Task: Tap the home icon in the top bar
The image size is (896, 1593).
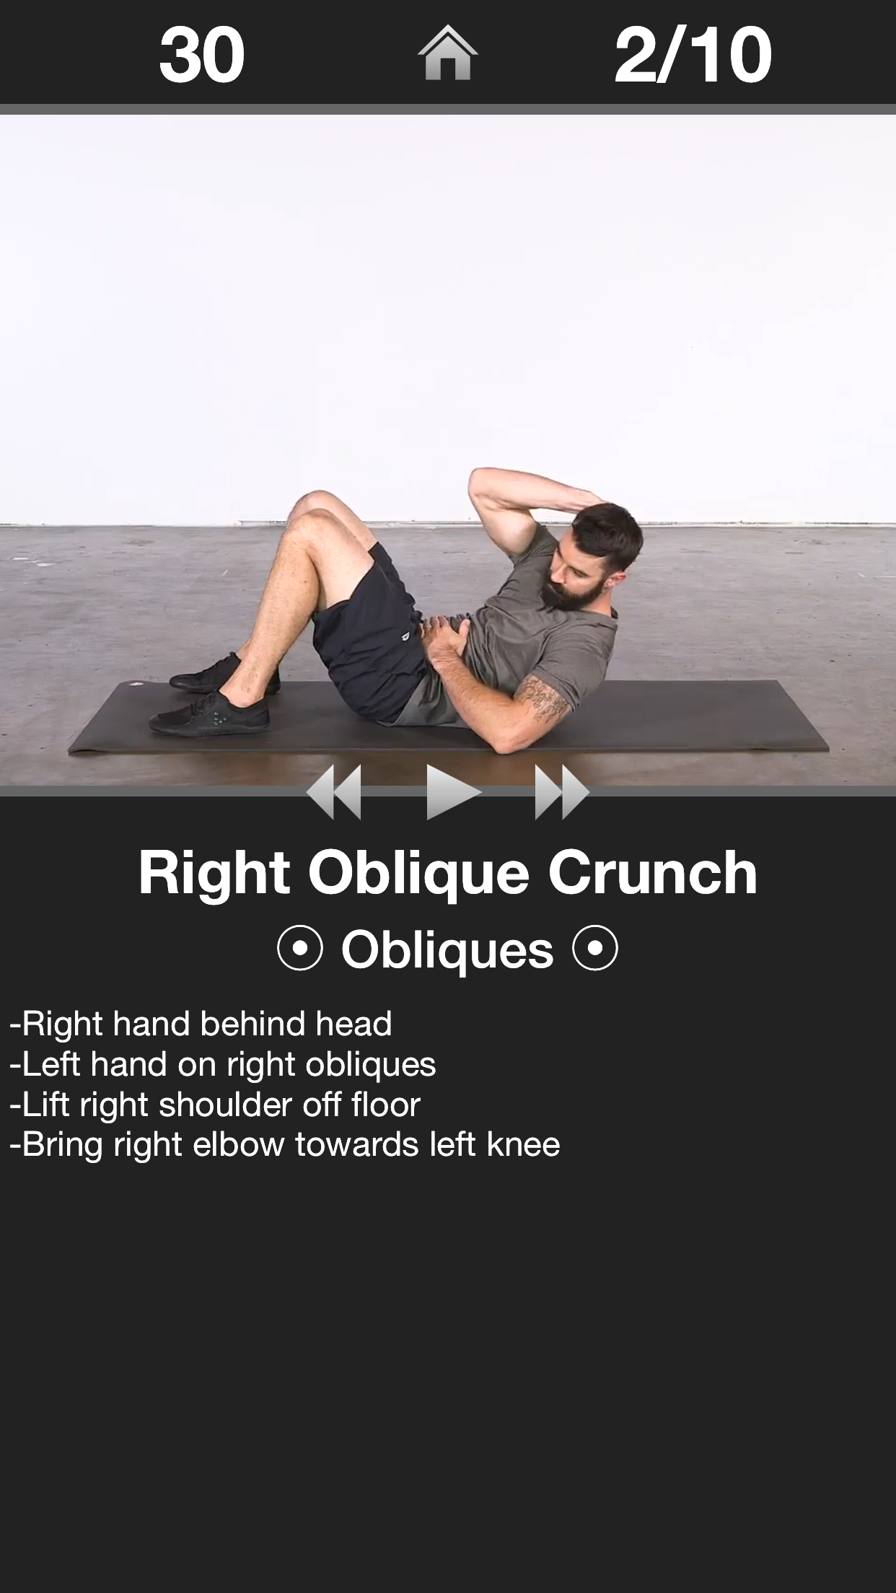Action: (x=447, y=53)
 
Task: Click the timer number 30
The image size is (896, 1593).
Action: (x=202, y=55)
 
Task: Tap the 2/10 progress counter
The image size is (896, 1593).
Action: (x=693, y=55)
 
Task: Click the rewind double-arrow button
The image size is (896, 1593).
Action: (x=335, y=792)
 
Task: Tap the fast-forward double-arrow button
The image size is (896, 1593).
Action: (x=561, y=792)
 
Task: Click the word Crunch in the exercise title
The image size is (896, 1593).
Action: (x=653, y=873)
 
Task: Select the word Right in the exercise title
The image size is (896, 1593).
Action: (x=214, y=873)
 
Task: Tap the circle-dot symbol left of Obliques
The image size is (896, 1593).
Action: (x=299, y=949)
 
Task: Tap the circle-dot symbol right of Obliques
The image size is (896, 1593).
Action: (x=595, y=949)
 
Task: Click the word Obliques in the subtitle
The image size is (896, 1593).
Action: (x=447, y=949)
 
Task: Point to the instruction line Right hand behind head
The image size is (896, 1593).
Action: (x=201, y=1024)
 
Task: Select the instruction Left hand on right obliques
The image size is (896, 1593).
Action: (x=222, y=1064)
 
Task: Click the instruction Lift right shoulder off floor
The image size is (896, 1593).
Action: (x=215, y=1105)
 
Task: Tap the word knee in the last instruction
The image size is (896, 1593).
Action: (x=524, y=1145)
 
